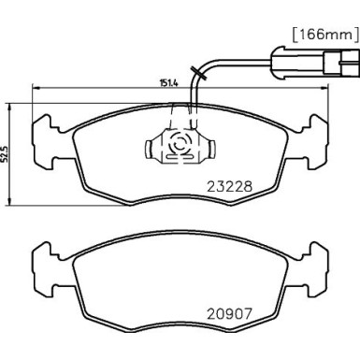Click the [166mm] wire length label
(320, 36)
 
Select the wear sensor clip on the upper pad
(180, 144)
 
